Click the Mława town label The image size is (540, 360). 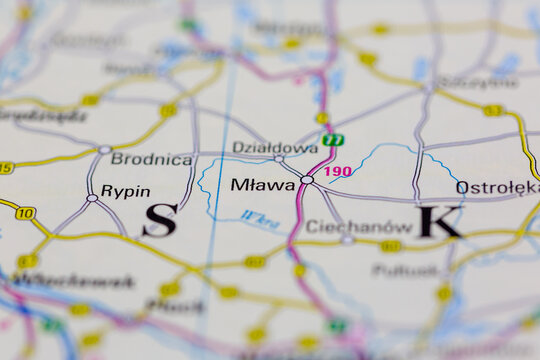[263, 185]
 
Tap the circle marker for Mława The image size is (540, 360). [307, 180]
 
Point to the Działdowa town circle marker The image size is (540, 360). [279, 158]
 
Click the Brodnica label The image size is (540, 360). [151, 159]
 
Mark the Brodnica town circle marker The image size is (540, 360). [105, 150]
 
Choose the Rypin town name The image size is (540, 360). [126, 191]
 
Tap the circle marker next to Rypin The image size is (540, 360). [92, 198]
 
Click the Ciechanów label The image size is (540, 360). [345, 226]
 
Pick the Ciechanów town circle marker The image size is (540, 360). [346, 240]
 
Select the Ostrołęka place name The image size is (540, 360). [497, 187]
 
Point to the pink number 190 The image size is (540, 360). [338, 171]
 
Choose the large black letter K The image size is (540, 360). [439, 221]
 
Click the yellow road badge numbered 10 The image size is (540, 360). [25, 213]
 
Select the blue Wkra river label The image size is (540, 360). [259, 220]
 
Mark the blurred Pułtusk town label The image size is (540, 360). [405, 270]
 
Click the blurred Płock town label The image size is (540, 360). [175, 306]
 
